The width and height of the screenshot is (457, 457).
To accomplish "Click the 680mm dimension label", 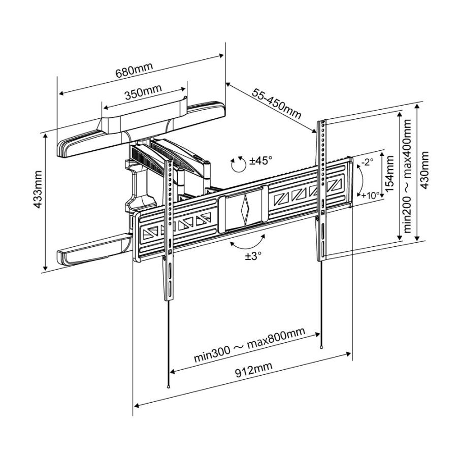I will click(x=135, y=71).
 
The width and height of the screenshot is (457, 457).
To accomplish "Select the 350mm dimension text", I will click(x=144, y=93).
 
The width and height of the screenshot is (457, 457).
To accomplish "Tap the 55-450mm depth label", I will click(x=276, y=103).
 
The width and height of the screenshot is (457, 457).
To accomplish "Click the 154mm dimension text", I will click(x=389, y=173).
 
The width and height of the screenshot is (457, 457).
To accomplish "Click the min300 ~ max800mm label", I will click(x=249, y=345).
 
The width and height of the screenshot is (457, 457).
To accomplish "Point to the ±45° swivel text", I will click(x=261, y=160).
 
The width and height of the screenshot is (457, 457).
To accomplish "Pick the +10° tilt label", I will click(x=370, y=195).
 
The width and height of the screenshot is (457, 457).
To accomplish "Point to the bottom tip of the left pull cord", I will click(x=168, y=386).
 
